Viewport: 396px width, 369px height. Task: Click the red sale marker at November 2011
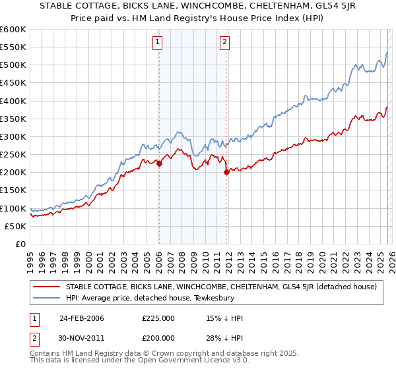click(226, 173)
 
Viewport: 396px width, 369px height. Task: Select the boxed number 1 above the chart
click(158, 43)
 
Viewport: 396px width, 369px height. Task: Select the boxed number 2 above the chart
click(224, 43)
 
